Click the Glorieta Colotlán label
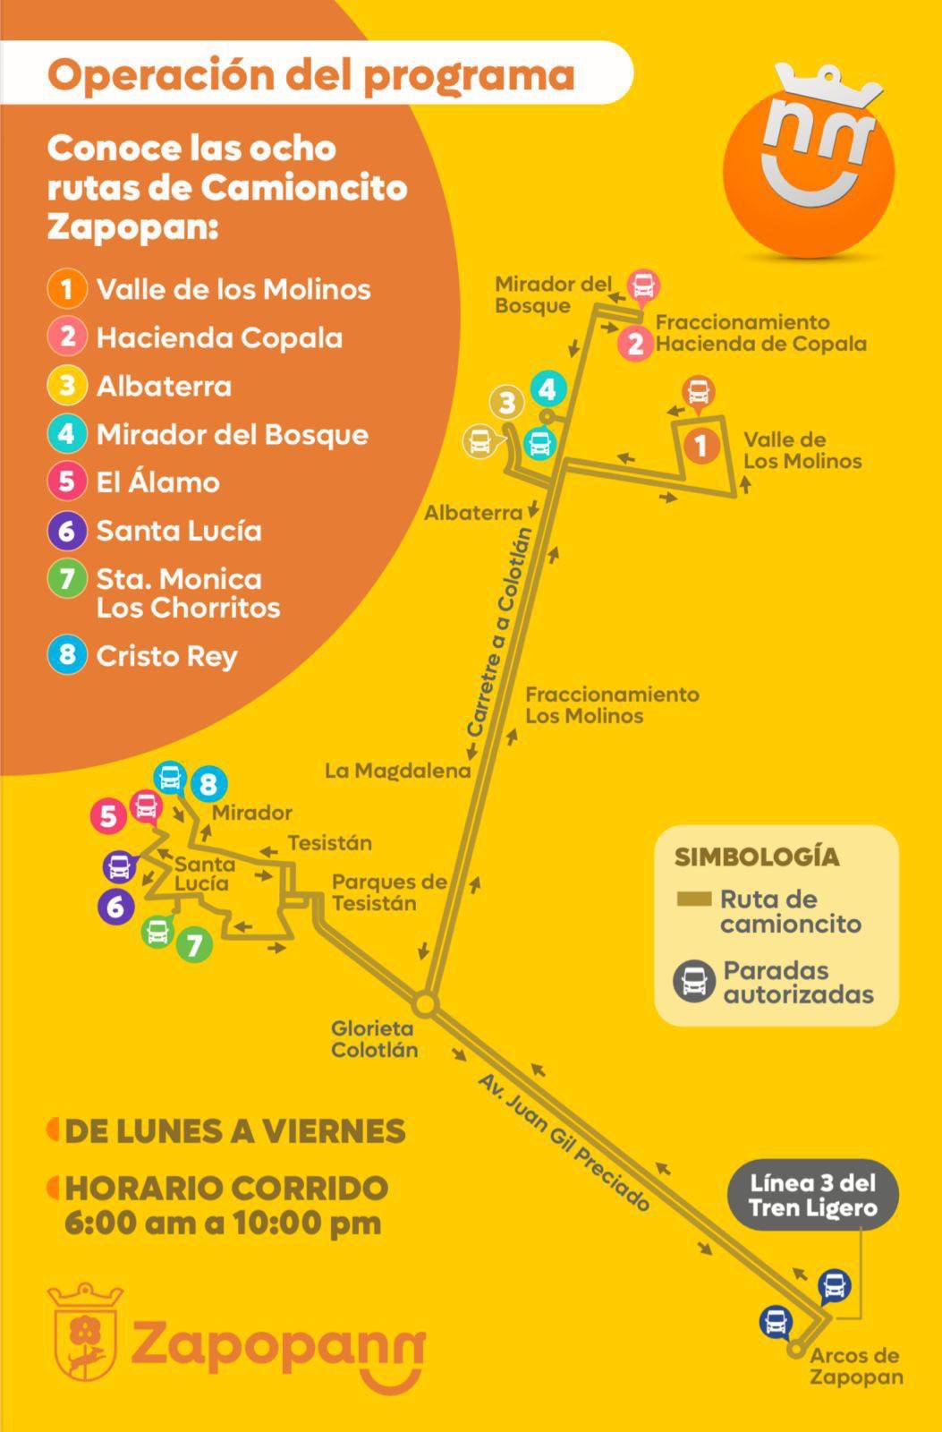[374, 1039]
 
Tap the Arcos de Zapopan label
[856, 1367]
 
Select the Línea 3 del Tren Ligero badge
[812, 1196]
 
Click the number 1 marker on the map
[701, 445]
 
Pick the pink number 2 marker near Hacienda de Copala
[635, 343]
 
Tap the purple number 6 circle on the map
[115, 906]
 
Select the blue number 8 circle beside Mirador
[208, 785]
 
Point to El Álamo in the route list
[157, 482]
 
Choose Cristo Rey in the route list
[166, 656]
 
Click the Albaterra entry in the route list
[164, 387]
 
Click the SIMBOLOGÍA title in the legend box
[757, 857]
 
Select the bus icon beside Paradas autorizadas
[694, 982]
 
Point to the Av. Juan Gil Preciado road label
[564, 1142]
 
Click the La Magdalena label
[397, 771]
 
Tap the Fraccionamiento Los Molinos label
[612, 704]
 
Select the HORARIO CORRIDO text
[226, 1189]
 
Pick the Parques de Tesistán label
[389, 892]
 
